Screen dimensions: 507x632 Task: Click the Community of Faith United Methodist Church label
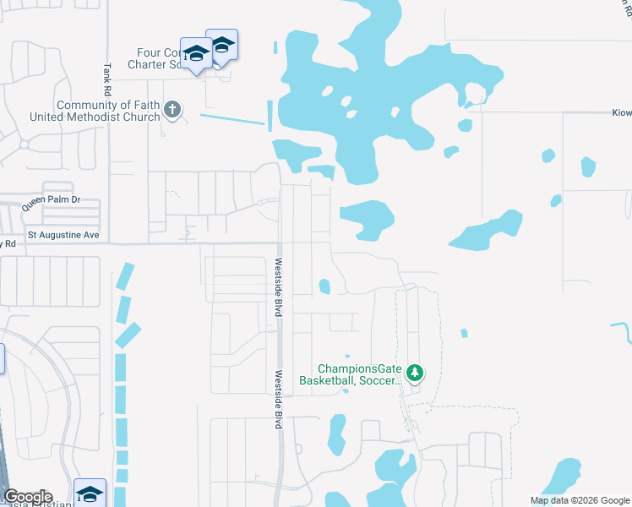(107, 111)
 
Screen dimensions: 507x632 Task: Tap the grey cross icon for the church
(172, 108)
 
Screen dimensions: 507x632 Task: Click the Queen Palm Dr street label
(51, 200)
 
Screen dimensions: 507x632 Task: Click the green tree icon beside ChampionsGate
(414, 372)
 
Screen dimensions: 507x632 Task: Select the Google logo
(28, 497)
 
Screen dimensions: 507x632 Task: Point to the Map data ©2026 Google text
(579, 500)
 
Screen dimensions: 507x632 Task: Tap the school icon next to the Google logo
(90, 493)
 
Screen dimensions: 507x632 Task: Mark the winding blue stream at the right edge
(623, 330)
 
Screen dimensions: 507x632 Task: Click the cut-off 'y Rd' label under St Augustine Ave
(8, 243)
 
